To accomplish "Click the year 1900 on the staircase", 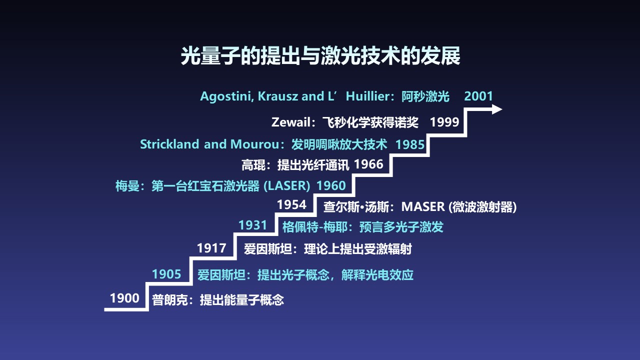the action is click(124, 298).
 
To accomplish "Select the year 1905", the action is click(166, 274).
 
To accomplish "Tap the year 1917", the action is click(211, 248).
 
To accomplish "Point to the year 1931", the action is click(253, 225).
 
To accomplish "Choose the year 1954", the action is click(291, 204).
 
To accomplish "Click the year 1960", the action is click(331, 185).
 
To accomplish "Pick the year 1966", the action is click(368, 164).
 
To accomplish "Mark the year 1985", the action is click(410, 144).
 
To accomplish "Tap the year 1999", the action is click(444, 122).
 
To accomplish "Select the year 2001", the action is click(478, 96).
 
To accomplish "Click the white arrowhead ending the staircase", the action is click(496, 109).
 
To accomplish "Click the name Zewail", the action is click(291, 122).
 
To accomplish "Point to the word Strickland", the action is click(169, 144).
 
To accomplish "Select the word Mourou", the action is click(255, 144).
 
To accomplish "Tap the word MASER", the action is click(423, 207).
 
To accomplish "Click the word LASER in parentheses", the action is click(287, 186).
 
